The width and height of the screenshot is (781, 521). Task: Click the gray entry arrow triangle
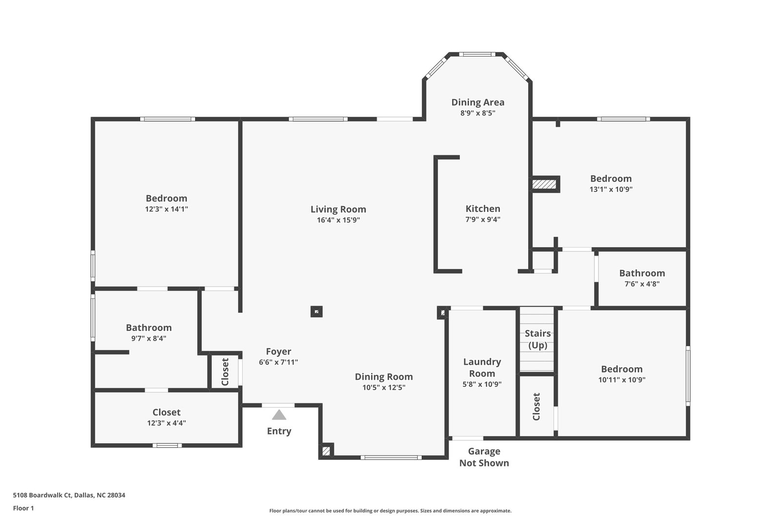(x=279, y=415)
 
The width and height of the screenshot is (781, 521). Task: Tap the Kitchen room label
(x=483, y=208)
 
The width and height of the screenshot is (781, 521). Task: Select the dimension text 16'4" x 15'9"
(x=338, y=220)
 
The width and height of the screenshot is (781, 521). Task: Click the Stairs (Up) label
(x=537, y=339)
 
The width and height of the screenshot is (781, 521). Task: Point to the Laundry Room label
(x=482, y=368)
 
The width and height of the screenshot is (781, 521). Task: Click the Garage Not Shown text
(x=484, y=457)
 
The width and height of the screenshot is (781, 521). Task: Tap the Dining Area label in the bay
(x=478, y=102)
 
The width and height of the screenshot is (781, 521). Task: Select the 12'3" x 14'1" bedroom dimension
(x=166, y=209)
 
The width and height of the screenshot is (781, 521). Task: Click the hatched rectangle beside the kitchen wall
(x=544, y=184)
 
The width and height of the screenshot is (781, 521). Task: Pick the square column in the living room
(x=317, y=312)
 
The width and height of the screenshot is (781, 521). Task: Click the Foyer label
(x=278, y=351)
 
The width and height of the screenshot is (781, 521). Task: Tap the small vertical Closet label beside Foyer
(x=225, y=372)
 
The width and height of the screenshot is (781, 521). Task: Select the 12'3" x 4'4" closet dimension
(x=166, y=423)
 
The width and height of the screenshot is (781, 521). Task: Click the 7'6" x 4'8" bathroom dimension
(x=642, y=284)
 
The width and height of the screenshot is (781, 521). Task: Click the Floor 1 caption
(x=23, y=508)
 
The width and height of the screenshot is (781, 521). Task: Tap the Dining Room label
(x=384, y=376)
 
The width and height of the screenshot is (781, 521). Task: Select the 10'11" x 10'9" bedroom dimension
(x=622, y=380)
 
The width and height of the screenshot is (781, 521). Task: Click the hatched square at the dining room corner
(x=326, y=451)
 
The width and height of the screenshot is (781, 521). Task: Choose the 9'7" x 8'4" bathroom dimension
(x=148, y=338)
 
